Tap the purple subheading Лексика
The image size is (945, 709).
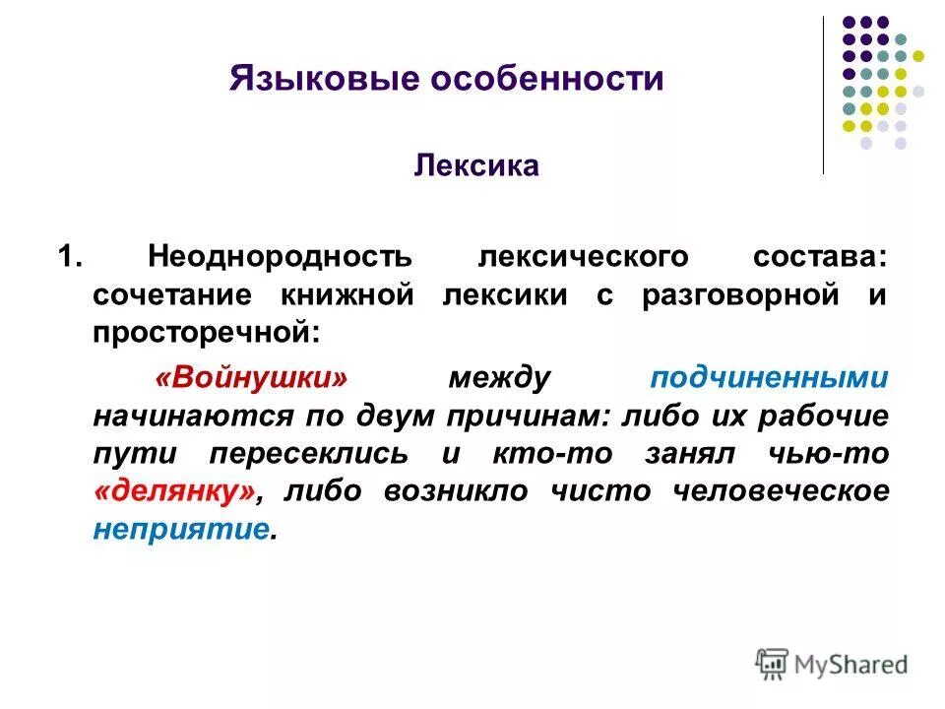pyautogui.click(x=476, y=164)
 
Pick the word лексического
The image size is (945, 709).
pyautogui.click(x=582, y=258)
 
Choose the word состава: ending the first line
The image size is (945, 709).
pyautogui.click(x=821, y=258)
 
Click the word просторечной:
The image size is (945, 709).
pyautogui.click(x=207, y=333)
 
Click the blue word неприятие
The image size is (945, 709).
pyautogui.click(x=181, y=529)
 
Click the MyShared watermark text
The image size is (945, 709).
pyautogui.click(x=852, y=665)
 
